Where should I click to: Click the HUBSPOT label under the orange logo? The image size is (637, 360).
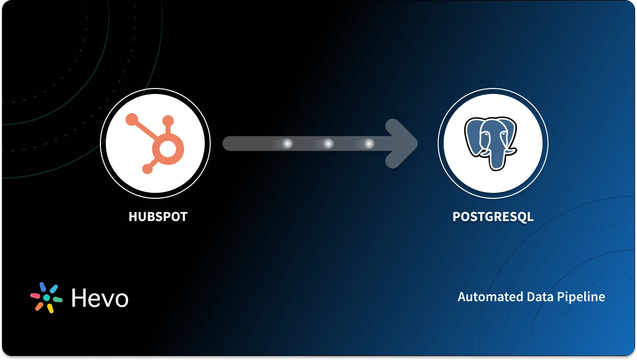[x=158, y=217]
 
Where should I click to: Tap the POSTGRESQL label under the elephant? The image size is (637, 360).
[x=493, y=217]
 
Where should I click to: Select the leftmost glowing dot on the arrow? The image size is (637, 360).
[x=287, y=144]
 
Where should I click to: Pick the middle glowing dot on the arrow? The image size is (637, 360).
[x=328, y=144]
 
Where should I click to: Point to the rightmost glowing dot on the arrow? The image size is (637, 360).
[x=369, y=144]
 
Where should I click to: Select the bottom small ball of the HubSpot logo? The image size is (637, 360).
[x=147, y=169]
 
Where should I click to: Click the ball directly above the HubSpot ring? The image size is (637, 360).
[x=168, y=121]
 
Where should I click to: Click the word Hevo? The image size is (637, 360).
[x=100, y=298]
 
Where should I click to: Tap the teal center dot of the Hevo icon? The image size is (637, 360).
[x=46, y=298]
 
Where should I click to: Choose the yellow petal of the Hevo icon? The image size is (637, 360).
[x=50, y=309]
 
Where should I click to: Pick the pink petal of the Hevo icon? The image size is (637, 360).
[x=35, y=296]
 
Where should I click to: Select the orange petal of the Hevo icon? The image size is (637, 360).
[x=39, y=307]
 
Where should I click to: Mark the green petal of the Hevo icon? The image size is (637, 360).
[x=58, y=300]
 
